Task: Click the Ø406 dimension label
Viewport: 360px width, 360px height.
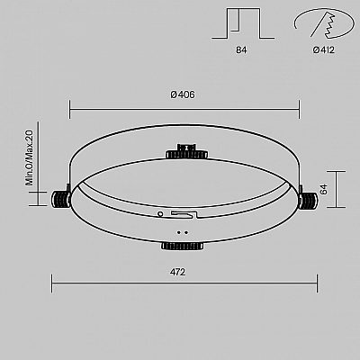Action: (183, 94)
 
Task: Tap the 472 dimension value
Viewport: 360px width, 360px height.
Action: (177, 272)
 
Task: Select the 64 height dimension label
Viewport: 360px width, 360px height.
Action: (324, 190)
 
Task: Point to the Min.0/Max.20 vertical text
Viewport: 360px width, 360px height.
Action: (30, 157)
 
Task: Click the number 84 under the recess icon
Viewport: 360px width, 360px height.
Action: (241, 50)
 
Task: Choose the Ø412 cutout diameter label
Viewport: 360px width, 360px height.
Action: (323, 50)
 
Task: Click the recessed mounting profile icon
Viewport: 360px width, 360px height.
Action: (243, 23)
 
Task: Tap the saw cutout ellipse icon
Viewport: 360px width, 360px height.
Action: (323, 22)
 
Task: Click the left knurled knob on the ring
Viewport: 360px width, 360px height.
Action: (61, 199)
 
